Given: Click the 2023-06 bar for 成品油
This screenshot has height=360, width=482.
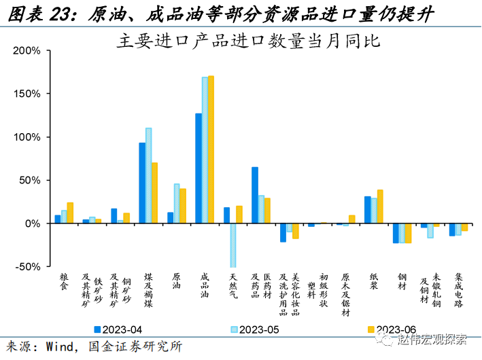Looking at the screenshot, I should click(211, 149).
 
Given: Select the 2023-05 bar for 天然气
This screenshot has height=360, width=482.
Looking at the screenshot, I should click(233, 245).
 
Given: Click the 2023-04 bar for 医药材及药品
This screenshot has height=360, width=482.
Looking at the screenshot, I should click(255, 195).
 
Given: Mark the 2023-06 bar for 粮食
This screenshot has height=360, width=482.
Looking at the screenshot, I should click(70, 213).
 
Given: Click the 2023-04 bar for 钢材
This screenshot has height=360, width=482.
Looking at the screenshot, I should click(396, 233).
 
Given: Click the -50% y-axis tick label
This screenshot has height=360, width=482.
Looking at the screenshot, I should click(29, 267).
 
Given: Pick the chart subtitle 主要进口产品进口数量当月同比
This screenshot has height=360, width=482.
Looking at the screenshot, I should click(249, 40).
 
